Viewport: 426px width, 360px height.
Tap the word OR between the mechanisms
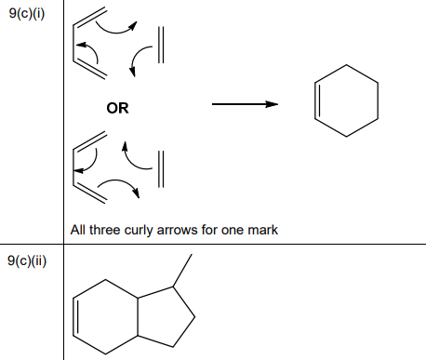[117, 108]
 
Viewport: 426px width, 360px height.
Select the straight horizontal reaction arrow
[246, 104]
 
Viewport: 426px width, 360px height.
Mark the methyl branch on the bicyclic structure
[181, 270]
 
